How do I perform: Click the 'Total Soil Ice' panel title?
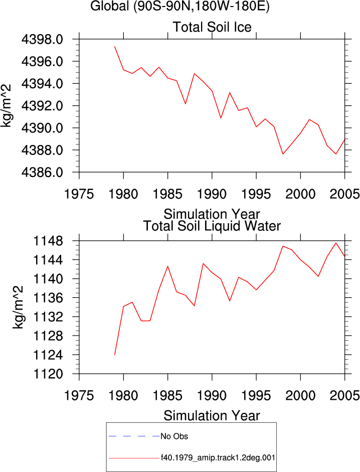point(212,27)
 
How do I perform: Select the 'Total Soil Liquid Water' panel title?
point(212,226)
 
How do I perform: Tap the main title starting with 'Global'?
point(180,6)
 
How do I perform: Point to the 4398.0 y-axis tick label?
point(42,39)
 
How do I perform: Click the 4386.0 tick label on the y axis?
point(42,172)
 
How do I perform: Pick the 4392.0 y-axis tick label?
point(42,106)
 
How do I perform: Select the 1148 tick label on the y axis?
point(48,241)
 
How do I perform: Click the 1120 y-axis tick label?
point(48,374)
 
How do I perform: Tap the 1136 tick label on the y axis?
point(48,298)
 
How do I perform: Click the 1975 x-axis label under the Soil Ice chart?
point(79,194)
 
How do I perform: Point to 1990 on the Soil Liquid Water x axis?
point(212,396)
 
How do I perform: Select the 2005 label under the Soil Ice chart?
point(344,194)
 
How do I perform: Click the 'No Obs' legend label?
point(174,436)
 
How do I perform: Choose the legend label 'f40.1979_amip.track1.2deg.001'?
point(218,458)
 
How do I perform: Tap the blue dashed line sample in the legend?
point(134,436)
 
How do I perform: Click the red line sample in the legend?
point(134,458)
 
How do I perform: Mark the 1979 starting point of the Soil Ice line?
point(115,46)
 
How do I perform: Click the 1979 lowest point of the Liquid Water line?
point(115,355)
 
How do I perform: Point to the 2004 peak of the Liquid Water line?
point(336,243)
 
